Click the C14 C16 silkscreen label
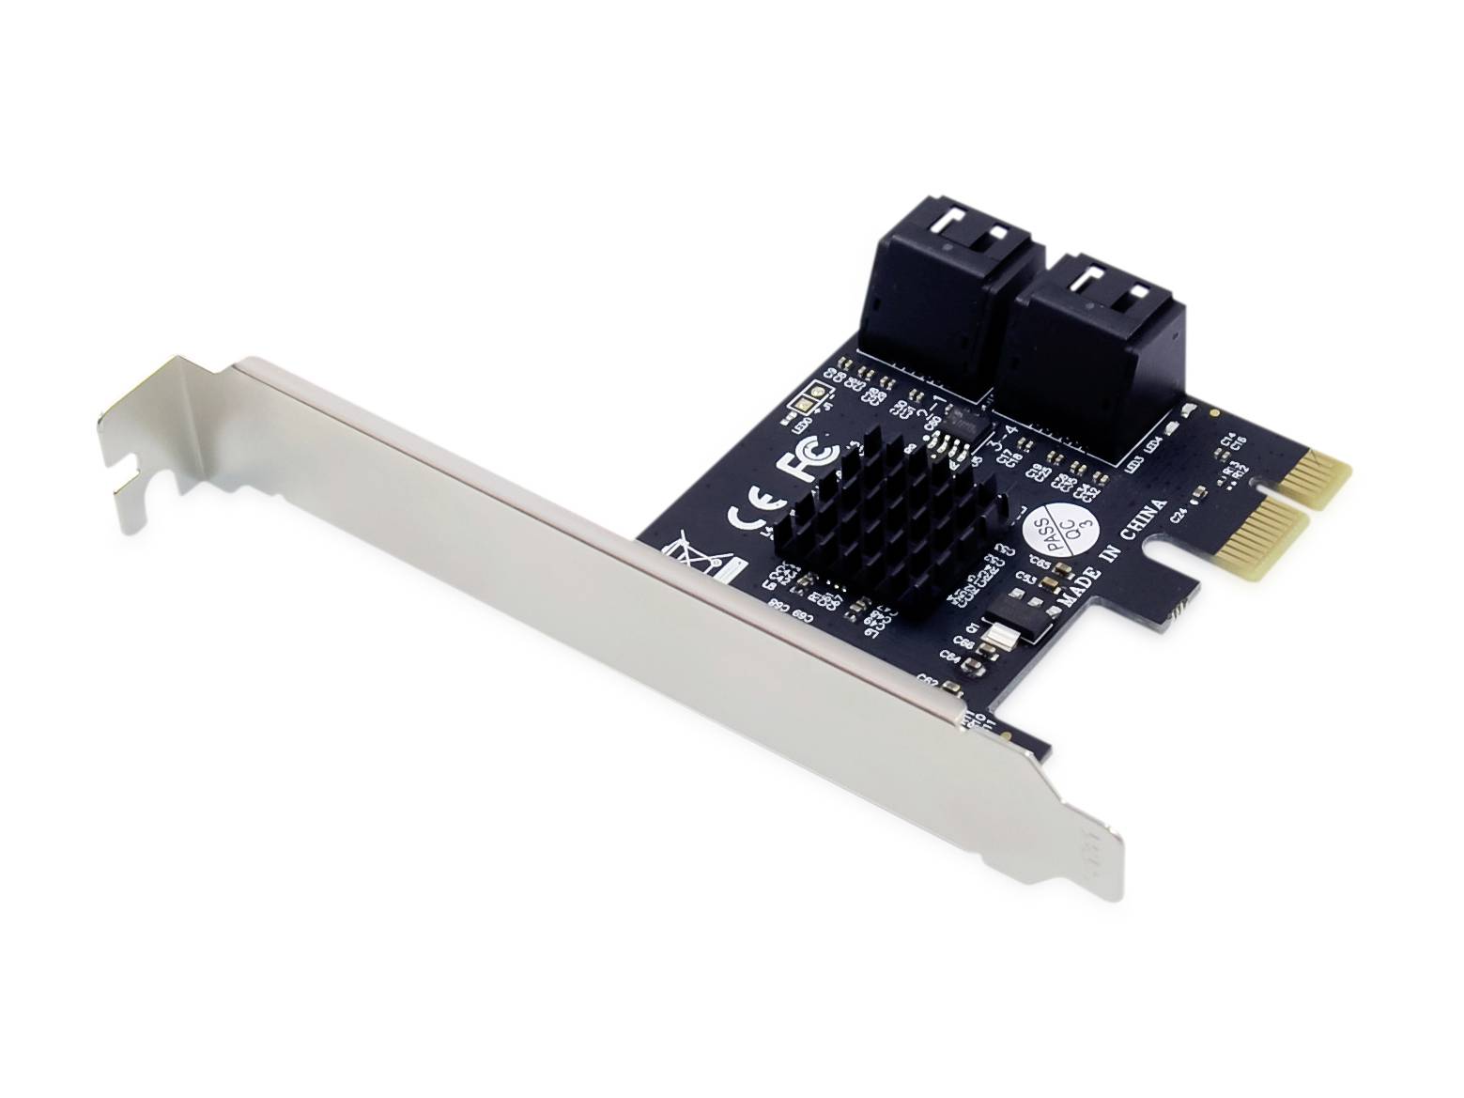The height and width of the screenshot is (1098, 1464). pyautogui.click(x=1233, y=442)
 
